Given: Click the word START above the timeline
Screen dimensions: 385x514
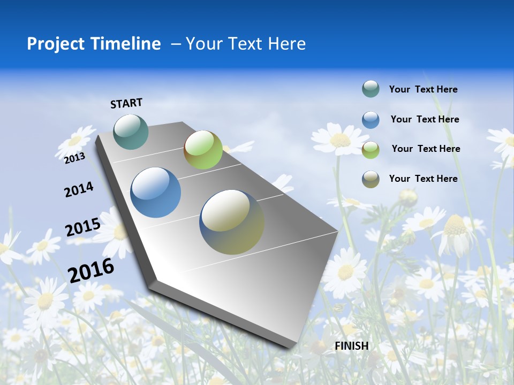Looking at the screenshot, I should click(126, 103).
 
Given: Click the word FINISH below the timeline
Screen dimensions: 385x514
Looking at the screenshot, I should click(352, 346).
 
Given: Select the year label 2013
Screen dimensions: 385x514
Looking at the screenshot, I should click(74, 158).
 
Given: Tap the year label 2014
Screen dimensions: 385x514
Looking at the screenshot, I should click(79, 189).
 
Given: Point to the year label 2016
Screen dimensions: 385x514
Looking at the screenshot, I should click(91, 270).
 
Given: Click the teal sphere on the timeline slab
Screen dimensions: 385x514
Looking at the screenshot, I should click(131, 132).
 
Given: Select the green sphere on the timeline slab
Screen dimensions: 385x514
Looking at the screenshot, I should click(203, 150).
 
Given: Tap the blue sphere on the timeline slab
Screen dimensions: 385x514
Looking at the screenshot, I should click(156, 192).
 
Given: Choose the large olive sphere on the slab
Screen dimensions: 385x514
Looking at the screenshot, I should click(232, 222).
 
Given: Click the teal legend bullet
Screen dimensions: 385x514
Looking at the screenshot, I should click(371, 89).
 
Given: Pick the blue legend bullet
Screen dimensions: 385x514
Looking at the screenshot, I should click(371, 120).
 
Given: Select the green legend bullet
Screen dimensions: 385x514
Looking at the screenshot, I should click(371, 150).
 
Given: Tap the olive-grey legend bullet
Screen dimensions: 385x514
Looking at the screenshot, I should click(371, 179).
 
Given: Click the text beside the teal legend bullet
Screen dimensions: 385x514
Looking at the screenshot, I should click(423, 89).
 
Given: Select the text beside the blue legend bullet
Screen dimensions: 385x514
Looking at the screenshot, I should click(425, 119).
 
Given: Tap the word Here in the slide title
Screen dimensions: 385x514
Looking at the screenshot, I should click(287, 44).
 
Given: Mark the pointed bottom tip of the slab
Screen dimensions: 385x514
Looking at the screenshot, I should click(293, 348).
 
